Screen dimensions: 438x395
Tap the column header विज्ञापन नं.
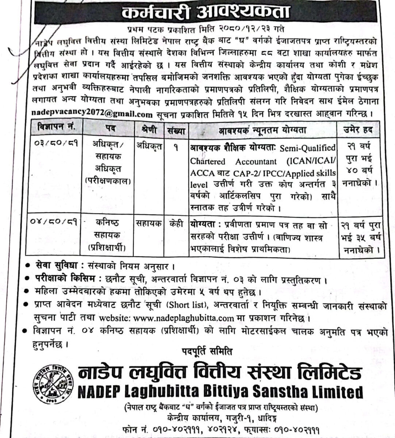57,128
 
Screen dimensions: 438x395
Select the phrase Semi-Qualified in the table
307,148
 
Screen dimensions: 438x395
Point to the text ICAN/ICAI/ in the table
316,161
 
